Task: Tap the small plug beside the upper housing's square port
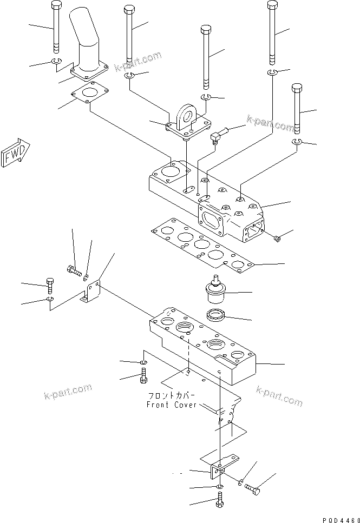click(277, 239)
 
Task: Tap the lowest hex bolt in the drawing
click(219, 502)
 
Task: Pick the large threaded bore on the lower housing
click(183, 326)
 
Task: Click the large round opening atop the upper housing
click(173, 171)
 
